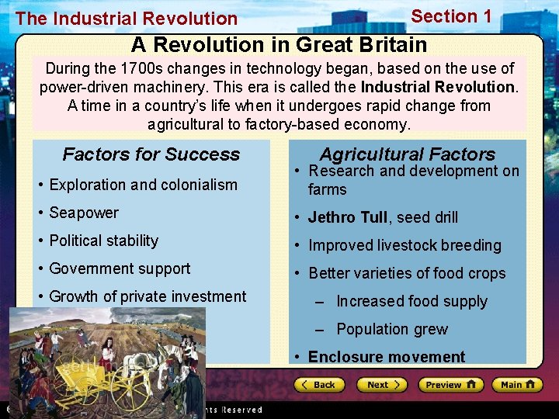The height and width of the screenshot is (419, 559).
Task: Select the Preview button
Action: tap(450, 385)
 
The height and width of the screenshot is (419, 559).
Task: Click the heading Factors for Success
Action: tap(151, 154)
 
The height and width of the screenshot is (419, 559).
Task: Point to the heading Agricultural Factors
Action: tap(407, 154)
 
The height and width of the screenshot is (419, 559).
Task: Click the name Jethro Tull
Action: tap(348, 217)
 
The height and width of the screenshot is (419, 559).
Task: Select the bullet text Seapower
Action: tap(84, 213)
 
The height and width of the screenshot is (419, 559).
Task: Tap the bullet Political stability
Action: tap(103, 241)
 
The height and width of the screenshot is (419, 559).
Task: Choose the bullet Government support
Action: tap(120, 268)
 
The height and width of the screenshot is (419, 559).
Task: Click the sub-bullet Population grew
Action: tap(392, 329)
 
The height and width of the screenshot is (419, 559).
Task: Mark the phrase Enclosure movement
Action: tap(387, 357)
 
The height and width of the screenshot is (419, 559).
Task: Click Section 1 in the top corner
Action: tap(451, 16)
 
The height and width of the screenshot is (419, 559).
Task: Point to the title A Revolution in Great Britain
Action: tap(279, 45)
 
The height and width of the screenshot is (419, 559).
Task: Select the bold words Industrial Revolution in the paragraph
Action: tap(438, 87)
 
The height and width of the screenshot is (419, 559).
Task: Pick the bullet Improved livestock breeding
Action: tap(404, 245)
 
